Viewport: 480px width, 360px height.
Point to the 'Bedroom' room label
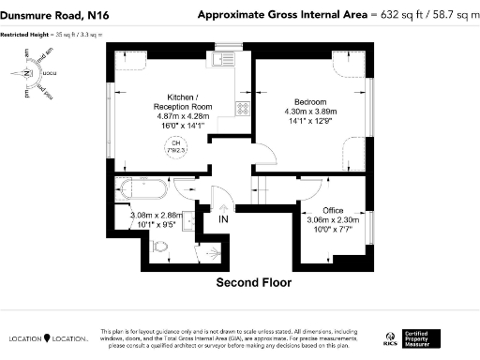308,101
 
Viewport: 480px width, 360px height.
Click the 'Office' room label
332,209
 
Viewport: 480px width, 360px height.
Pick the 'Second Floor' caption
253,282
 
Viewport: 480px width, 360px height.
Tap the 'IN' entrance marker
223,220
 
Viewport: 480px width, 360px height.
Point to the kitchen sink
222,60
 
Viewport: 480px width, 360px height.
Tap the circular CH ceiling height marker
175,144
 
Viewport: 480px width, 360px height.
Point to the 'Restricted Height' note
52,34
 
